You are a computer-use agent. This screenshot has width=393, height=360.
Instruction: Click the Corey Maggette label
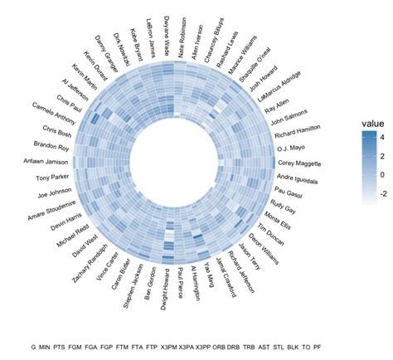[298, 163]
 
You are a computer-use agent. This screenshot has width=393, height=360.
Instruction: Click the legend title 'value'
[371, 124]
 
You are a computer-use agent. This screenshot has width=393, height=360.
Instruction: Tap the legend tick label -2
[381, 192]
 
